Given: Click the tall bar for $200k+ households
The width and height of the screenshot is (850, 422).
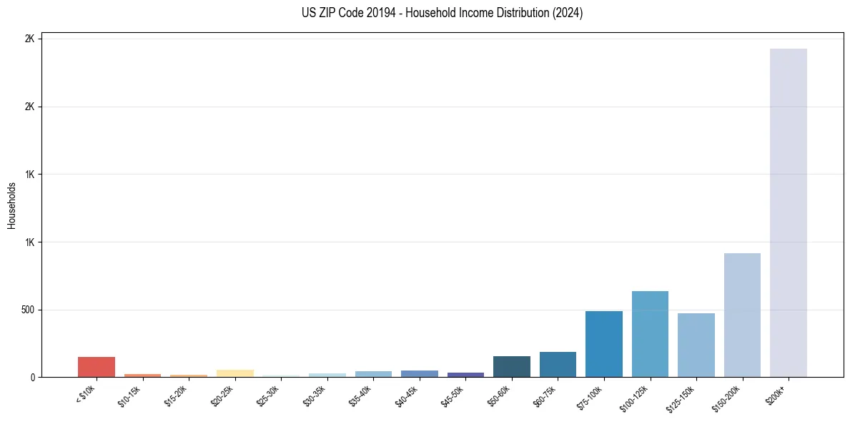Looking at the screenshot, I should point(788,212).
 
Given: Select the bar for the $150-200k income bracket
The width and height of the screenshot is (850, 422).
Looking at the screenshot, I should point(742,315).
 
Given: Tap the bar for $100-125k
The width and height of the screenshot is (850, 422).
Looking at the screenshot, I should point(650,334).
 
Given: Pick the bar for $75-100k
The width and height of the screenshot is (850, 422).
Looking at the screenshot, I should point(603,344).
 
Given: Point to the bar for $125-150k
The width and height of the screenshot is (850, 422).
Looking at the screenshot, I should point(696,345).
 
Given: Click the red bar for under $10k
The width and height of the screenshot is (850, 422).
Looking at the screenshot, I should point(97,367).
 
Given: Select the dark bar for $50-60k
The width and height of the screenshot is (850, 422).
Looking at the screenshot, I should point(511,367).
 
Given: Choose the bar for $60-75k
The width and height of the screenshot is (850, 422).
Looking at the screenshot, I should point(558,365).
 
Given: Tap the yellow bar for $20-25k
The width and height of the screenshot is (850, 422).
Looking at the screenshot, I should point(234,373).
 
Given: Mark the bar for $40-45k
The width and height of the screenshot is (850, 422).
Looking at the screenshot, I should point(419,373).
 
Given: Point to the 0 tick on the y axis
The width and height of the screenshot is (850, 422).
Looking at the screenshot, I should point(33,378).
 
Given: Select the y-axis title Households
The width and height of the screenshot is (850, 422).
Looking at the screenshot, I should point(11,205).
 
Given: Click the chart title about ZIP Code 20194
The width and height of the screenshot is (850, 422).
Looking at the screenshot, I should point(443,13).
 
